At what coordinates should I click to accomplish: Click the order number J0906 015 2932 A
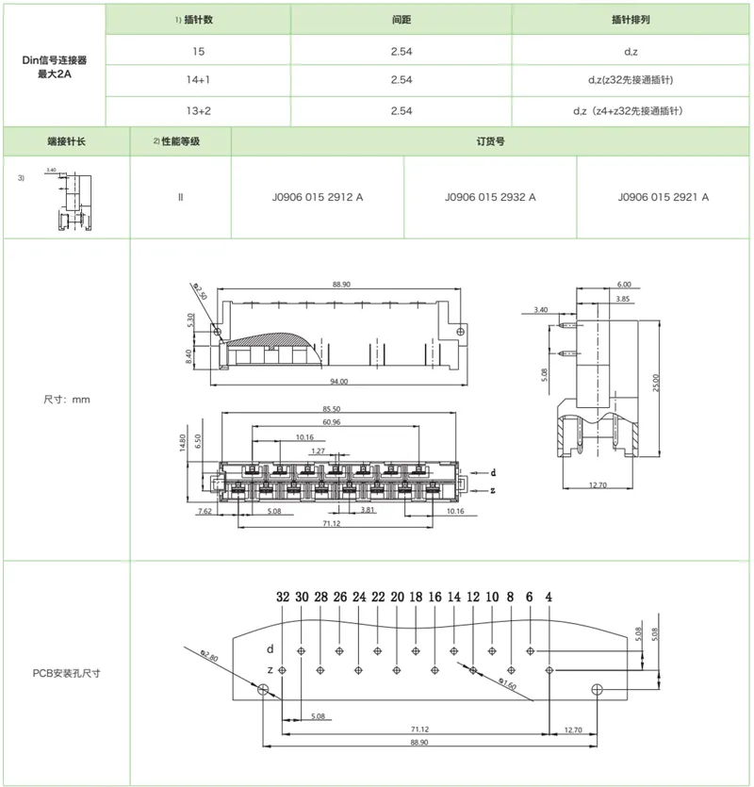click(x=490, y=198)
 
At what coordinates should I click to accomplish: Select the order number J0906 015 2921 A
click(x=664, y=198)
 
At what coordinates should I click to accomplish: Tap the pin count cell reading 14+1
click(x=197, y=80)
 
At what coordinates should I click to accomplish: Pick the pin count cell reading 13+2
click(x=197, y=111)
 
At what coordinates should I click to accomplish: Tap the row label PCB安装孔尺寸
click(x=66, y=673)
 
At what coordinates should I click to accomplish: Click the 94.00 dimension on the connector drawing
click(x=339, y=382)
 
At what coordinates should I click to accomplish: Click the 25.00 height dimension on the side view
click(x=657, y=382)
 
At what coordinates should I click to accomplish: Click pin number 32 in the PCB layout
click(x=283, y=598)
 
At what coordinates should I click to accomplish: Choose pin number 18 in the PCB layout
click(x=416, y=598)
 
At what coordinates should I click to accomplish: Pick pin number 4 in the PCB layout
click(x=549, y=598)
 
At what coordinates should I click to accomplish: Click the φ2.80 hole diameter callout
click(x=210, y=654)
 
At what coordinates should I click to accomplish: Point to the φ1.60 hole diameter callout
click(x=506, y=682)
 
